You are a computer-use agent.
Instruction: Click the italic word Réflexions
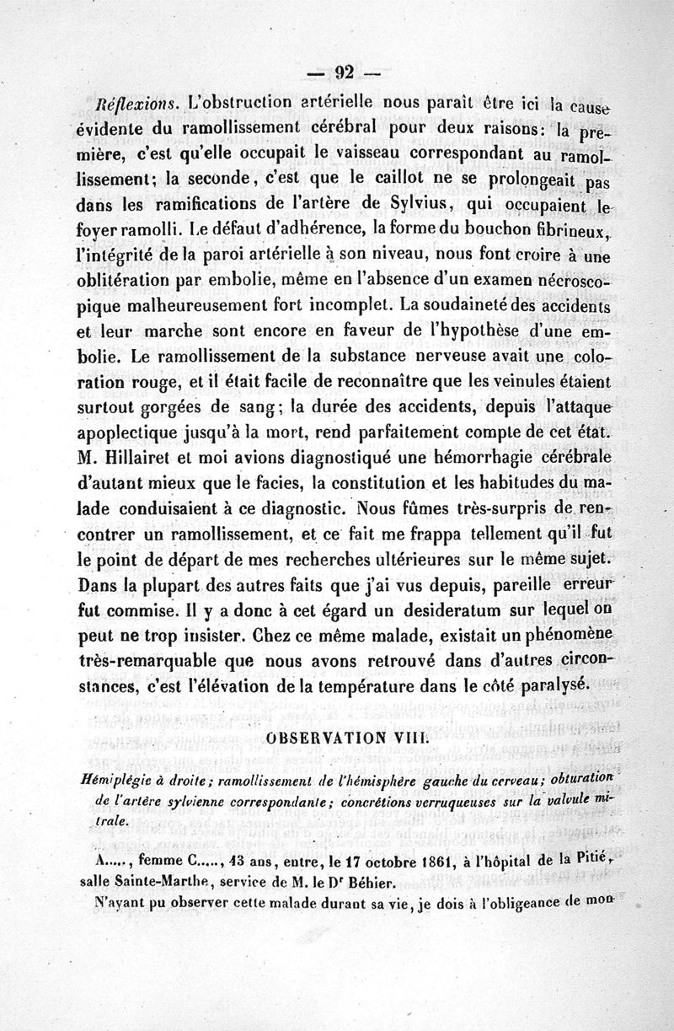[134, 107]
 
